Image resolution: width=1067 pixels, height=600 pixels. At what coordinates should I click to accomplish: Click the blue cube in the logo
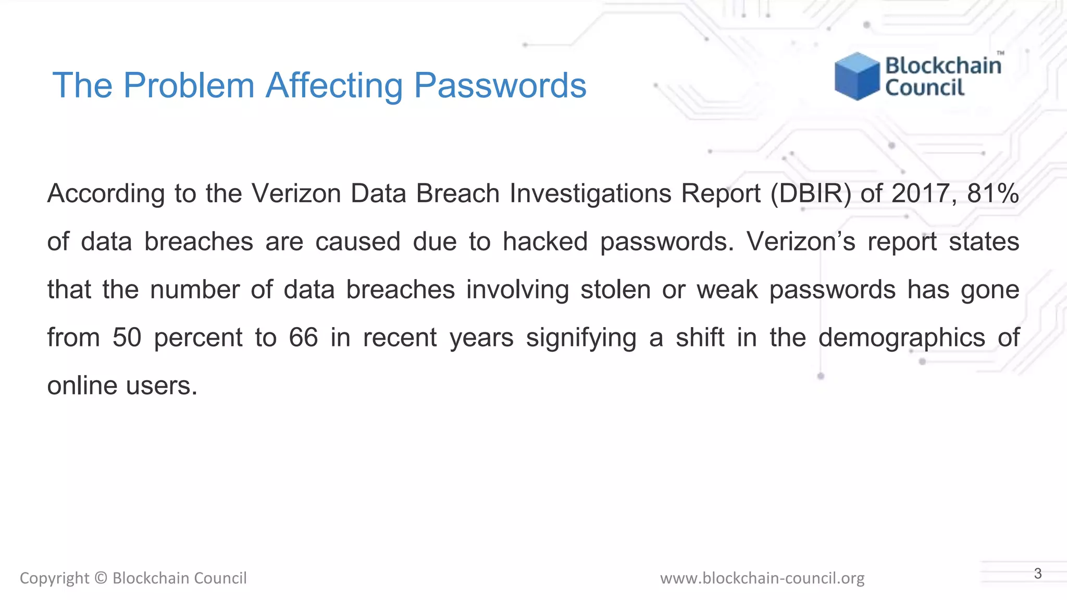857,76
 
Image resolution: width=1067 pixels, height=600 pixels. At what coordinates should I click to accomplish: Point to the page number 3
1038,573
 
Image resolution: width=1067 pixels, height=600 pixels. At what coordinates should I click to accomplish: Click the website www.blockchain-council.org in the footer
762,578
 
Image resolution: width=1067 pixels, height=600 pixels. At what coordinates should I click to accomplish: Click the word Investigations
590,194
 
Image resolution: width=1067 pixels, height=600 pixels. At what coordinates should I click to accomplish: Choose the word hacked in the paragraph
545,242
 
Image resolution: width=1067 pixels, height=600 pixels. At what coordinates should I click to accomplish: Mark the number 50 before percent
127,337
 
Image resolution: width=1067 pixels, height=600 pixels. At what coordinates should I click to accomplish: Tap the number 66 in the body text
303,337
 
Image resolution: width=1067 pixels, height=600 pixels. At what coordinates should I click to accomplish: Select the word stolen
615,290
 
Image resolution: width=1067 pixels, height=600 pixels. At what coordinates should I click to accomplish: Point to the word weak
727,290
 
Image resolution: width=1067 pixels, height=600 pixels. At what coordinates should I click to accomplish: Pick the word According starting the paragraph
106,194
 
